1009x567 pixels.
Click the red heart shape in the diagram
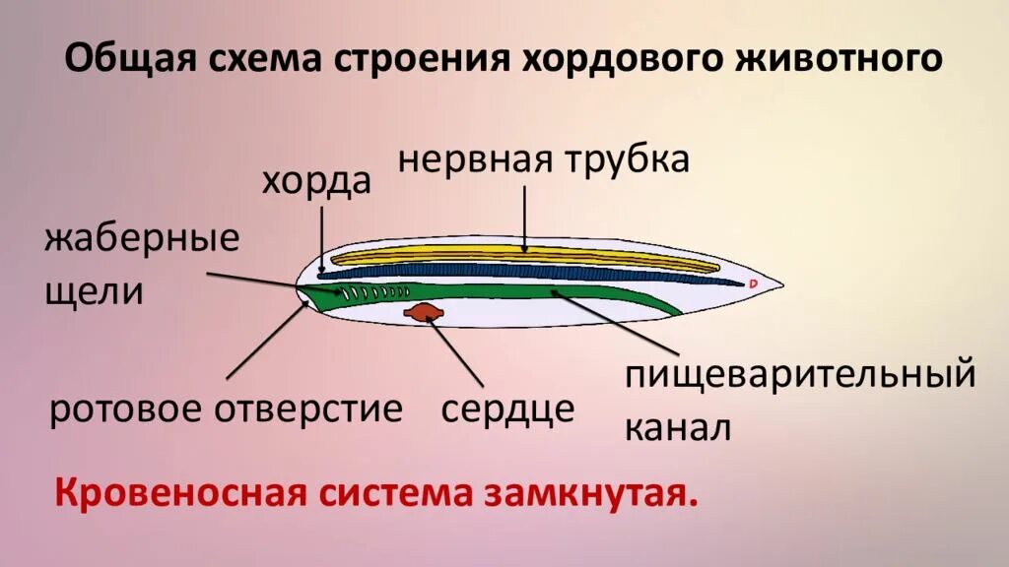click(x=425, y=312)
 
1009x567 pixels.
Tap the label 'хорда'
click(x=316, y=182)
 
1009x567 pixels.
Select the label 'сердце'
click(x=507, y=409)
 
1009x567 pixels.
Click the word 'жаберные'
click(x=142, y=242)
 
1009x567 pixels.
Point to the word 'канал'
click(x=678, y=427)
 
